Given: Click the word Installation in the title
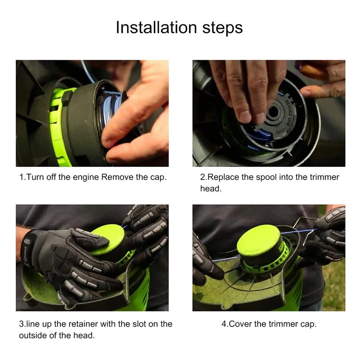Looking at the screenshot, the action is point(156,27).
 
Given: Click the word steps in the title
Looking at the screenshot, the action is point(222,28).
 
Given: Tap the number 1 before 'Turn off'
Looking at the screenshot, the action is point(22,177).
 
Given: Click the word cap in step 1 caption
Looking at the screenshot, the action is point(158,178).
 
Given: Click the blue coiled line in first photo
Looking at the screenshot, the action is point(108,110).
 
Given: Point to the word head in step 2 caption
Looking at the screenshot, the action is point(210,189).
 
